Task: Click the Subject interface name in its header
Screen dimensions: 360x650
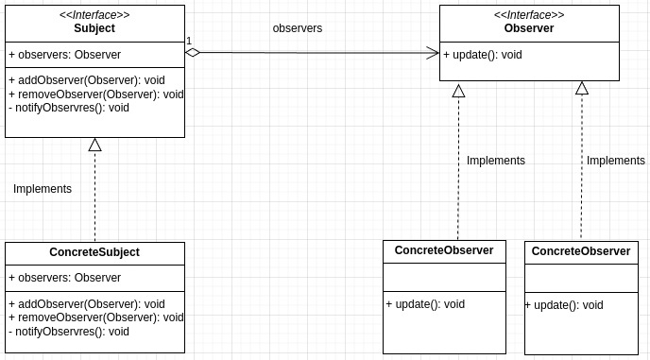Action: (94, 28)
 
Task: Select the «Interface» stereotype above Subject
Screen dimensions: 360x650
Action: (94, 15)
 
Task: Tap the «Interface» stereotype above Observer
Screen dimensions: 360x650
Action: (529, 15)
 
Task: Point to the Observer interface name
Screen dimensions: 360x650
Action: (529, 28)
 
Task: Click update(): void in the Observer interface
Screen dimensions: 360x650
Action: (483, 55)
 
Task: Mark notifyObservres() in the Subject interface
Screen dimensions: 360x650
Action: (69, 108)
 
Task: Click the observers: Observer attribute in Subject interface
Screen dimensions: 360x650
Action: (65, 55)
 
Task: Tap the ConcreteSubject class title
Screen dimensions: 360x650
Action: (94, 252)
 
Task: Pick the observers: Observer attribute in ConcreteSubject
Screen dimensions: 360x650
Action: (65, 278)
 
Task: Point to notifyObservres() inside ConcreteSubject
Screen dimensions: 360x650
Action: (69, 332)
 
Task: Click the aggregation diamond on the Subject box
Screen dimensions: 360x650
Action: (193, 53)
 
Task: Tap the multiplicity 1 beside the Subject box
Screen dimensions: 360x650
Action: (189, 41)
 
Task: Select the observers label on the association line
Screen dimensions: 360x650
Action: (298, 28)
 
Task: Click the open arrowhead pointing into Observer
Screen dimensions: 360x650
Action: (433, 53)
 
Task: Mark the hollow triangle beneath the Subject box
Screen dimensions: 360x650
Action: (94, 145)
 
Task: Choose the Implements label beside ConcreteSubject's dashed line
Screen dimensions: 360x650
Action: (43, 189)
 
